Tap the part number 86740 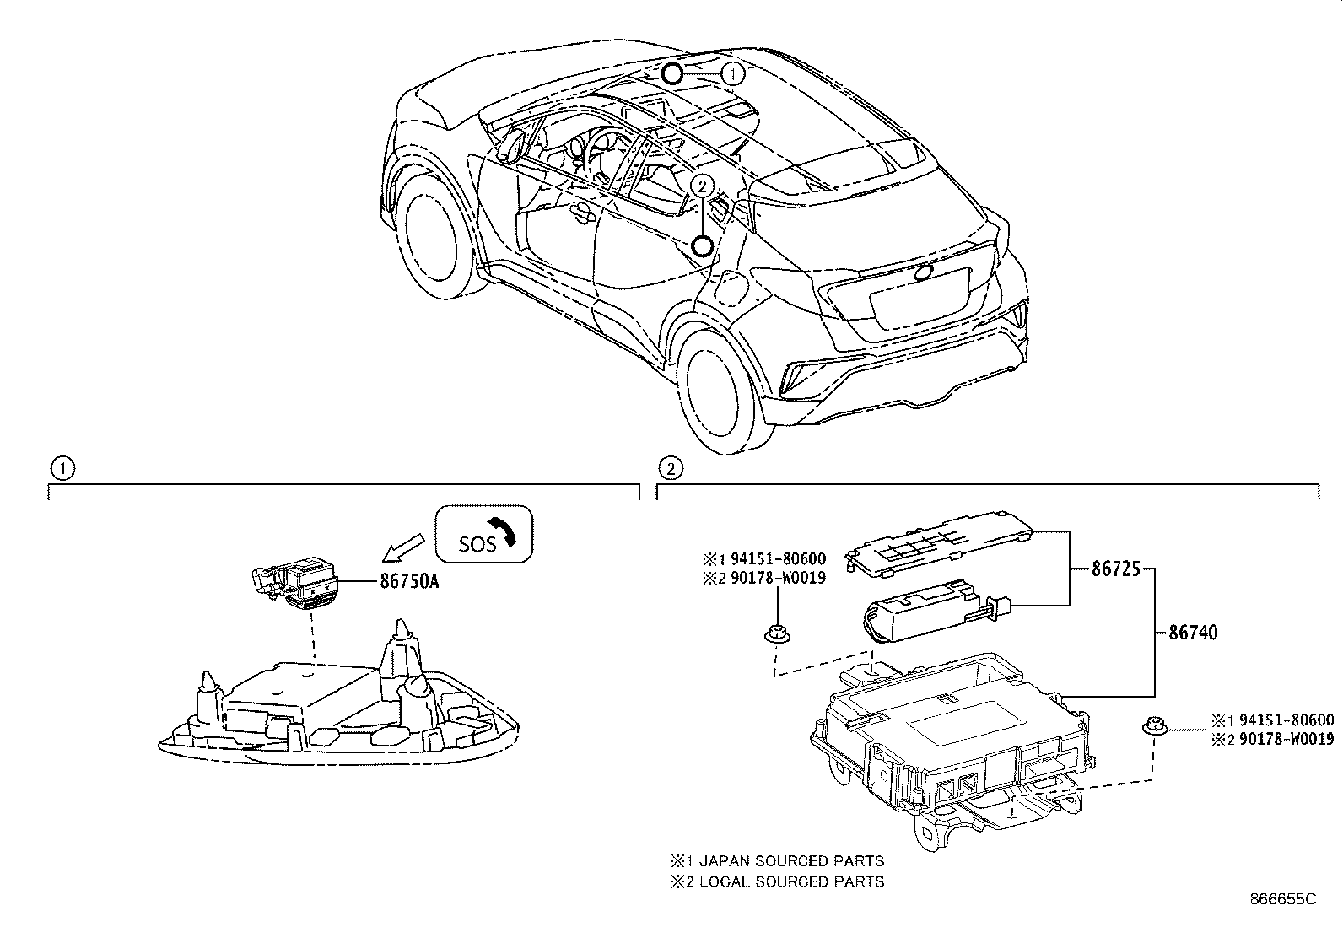tap(1192, 633)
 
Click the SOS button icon tap(483, 534)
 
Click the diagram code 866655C tap(1282, 900)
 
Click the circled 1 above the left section tap(62, 468)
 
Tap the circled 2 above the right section tap(669, 468)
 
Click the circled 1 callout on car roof tap(734, 74)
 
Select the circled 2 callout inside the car tap(702, 184)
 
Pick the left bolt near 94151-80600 tap(773, 633)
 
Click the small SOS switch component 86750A tap(298, 582)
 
